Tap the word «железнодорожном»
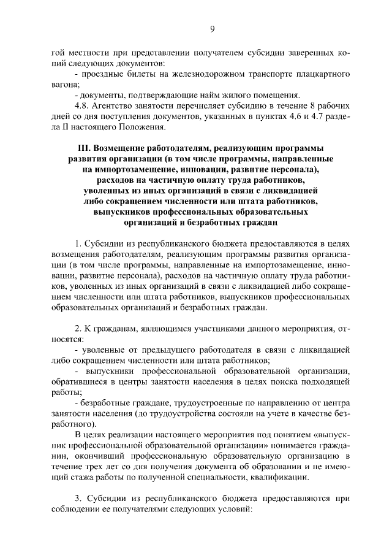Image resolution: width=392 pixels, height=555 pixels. click(x=197, y=74)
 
